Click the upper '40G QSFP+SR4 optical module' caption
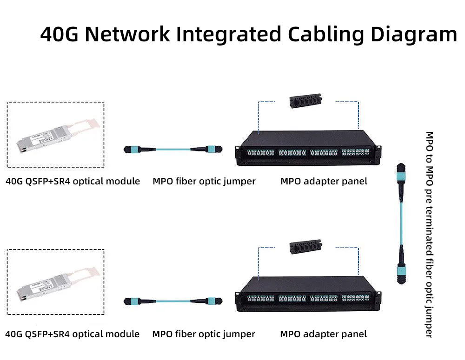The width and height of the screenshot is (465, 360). point(73,181)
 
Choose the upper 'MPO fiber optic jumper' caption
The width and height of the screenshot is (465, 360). point(204,181)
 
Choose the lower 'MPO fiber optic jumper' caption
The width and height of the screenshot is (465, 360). point(204,334)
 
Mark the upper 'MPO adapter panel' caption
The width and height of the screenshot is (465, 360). point(324,181)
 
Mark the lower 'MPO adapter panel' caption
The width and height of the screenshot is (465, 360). point(323,334)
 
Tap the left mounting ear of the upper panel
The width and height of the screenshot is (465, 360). point(238,150)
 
